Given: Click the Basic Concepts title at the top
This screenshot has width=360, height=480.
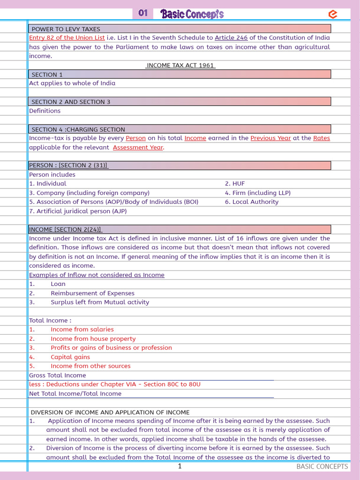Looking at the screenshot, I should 192,14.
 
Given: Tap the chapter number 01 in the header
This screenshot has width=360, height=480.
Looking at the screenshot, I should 143,14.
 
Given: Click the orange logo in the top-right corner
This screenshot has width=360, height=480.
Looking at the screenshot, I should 333,15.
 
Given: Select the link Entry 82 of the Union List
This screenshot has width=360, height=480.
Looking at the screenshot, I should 67,37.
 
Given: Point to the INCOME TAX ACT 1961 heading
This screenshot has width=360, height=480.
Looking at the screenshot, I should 180,65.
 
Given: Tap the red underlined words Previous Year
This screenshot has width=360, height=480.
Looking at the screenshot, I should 270,138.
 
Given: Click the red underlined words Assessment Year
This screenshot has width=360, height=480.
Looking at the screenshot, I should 138,147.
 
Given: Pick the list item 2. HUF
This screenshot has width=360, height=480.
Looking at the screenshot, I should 235,184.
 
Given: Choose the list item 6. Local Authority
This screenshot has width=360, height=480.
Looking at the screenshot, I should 252,202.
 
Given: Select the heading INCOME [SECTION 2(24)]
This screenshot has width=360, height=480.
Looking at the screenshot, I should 66,229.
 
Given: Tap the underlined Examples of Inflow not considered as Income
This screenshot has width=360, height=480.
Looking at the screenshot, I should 97,275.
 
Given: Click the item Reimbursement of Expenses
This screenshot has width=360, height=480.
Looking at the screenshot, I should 92,293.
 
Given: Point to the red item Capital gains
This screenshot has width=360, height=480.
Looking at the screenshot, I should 70,357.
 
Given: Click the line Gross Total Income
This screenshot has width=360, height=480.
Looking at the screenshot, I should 58,375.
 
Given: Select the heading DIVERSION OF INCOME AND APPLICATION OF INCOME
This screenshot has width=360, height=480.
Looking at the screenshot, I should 110,412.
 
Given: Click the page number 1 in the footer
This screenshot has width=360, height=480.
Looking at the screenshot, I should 180,466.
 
